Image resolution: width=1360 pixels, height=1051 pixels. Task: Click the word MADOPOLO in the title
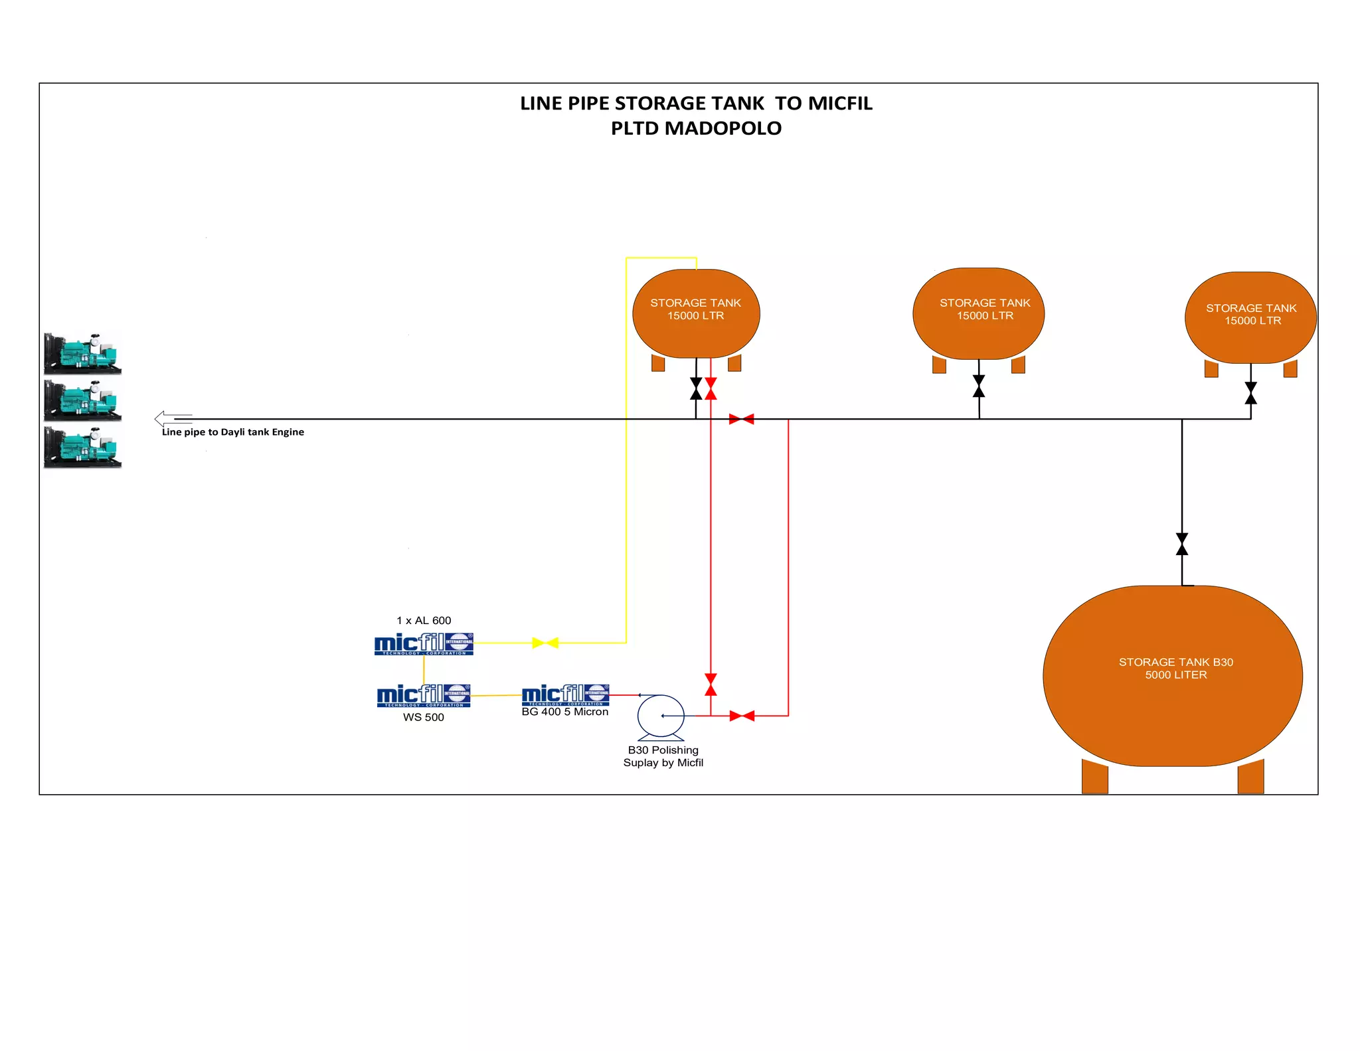(723, 128)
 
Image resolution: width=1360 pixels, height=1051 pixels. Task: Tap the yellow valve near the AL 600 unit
(545, 643)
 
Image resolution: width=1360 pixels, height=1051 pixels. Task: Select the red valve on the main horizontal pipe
(741, 419)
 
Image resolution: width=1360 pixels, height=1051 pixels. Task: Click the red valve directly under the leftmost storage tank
(711, 388)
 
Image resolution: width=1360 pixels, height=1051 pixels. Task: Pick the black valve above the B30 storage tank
(1182, 544)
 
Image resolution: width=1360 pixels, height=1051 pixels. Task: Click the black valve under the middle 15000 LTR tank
(979, 386)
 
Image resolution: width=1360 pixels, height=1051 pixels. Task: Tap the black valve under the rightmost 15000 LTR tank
(1250, 393)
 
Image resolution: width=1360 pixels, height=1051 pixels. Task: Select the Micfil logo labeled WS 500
(424, 696)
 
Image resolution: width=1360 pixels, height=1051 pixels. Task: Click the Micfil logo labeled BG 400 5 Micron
(565, 695)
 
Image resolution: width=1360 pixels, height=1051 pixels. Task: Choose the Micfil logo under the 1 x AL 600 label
(424, 644)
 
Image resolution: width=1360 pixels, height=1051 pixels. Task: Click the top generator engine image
(83, 354)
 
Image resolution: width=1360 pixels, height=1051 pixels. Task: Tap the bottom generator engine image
(83, 447)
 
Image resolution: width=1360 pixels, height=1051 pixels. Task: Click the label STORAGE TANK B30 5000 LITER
(1175, 669)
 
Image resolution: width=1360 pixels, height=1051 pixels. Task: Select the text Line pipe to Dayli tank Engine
(233, 432)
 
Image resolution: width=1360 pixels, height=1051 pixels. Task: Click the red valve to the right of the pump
(742, 716)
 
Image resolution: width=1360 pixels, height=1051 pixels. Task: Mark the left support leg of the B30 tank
(1094, 777)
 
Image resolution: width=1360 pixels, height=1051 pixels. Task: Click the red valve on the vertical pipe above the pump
(711, 685)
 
